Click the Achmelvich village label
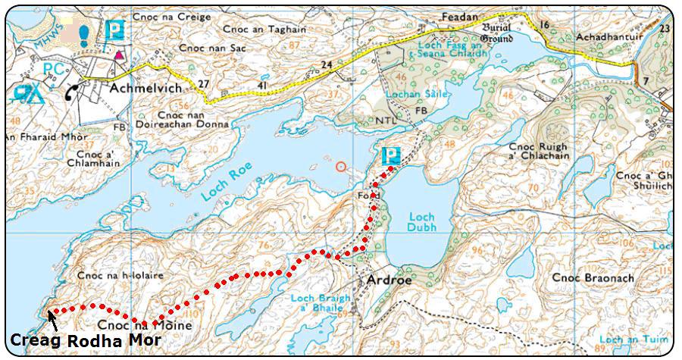tap(145, 88)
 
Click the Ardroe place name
tap(389, 280)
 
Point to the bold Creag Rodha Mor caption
tap(85, 340)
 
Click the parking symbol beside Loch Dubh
tap(390, 156)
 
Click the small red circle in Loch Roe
tap(342, 166)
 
